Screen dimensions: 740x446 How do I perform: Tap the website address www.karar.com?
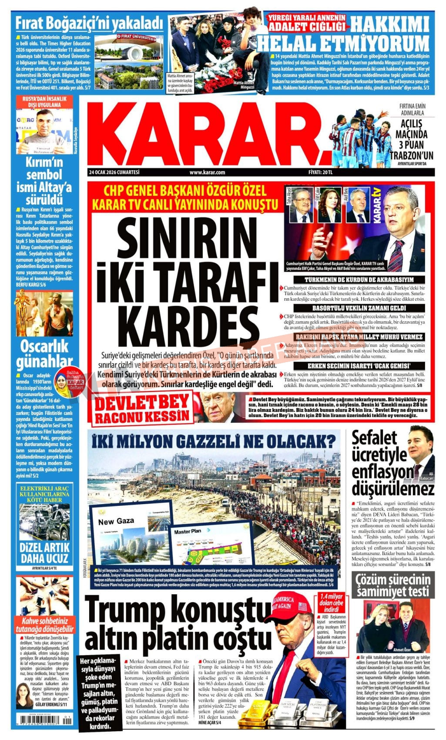tap(207, 172)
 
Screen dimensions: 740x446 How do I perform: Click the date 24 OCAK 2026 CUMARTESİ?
tap(113, 172)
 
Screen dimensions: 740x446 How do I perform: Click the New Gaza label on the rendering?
tap(116, 521)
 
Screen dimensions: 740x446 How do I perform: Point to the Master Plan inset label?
tap(188, 531)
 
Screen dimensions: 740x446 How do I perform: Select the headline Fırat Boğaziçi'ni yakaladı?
tap(89, 23)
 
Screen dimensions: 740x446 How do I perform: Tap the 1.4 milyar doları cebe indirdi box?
tap(331, 602)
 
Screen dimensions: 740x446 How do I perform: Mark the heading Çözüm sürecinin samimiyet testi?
tap(393, 585)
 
